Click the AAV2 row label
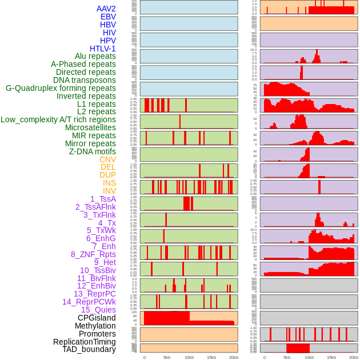[106, 9]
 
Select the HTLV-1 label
[102, 49]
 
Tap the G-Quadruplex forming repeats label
[61, 89]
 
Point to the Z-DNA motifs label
[93, 151]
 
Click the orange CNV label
[107, 159]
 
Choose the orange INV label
[109, 191]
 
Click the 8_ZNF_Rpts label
[93, 254]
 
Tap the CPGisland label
[97, 318]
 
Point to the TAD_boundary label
[89, 349]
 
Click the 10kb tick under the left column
[189, 357]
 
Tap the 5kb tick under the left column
[166, 357]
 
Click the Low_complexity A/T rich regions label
[58, 119]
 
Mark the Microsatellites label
[90, 127]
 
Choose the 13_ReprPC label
[94, 294]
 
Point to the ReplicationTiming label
[84, 342]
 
